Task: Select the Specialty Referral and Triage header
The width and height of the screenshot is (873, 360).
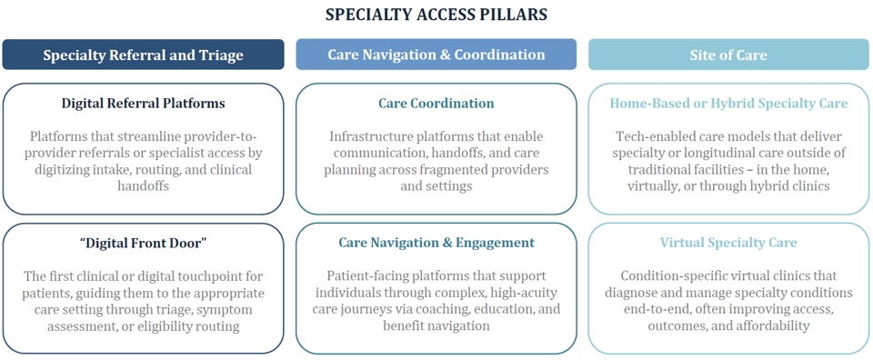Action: point(143,55)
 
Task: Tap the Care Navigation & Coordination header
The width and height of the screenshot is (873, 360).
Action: point(436,55)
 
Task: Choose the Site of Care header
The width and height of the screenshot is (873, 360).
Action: point(728,55)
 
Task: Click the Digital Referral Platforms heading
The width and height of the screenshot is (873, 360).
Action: point(143,104)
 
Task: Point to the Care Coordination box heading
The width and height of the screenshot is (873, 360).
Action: point(436,104)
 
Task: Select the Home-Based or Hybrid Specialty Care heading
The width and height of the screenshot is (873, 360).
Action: point(728,104)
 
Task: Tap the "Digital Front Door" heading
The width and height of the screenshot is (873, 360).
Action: point(143,243)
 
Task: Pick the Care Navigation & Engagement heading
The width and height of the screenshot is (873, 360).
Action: point(436,243)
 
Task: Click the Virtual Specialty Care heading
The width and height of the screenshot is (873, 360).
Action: point(728,243)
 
